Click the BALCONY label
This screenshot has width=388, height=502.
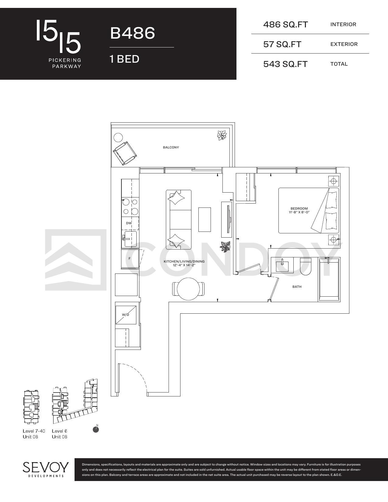[171, 147]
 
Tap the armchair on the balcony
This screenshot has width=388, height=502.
[124, 153]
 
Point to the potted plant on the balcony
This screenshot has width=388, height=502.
[222, 135]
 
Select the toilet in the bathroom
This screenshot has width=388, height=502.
[306, 267]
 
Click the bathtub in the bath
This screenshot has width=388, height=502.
[329, 279]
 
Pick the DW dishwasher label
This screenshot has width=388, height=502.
[129, 223]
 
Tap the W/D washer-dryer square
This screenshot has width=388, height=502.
[126, 315]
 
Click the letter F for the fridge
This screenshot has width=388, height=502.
[129, 259]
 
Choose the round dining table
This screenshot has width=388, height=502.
[188, 289]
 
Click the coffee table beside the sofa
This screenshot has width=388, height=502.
[204, 219]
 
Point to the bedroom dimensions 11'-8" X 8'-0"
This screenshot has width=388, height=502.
[299, 212]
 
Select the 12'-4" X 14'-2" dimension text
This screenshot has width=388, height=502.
[184, 265]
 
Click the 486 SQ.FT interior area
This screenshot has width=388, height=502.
[285, 24]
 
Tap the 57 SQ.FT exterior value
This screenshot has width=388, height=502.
[282, 44]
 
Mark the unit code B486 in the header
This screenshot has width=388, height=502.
[132, 33]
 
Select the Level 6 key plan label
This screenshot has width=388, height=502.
[59, 431]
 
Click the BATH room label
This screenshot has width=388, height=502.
[297, 287]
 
